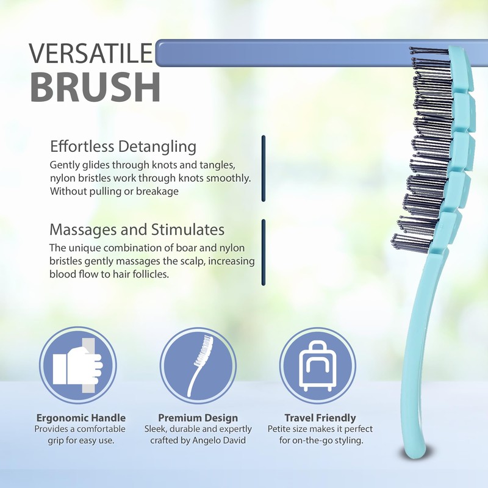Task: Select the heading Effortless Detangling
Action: [x=123, y=147]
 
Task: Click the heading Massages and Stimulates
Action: [x=137, y=230]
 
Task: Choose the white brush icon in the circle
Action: [x=198, y=365]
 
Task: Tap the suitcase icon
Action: [x=317, y=365]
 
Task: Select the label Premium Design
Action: [x=198, y=418]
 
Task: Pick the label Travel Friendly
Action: [x=320, y=418]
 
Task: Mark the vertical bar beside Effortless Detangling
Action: [x=264, y=168]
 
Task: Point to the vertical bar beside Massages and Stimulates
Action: [x=264, y=251]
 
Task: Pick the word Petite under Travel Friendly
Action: [x=281, y=429]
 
